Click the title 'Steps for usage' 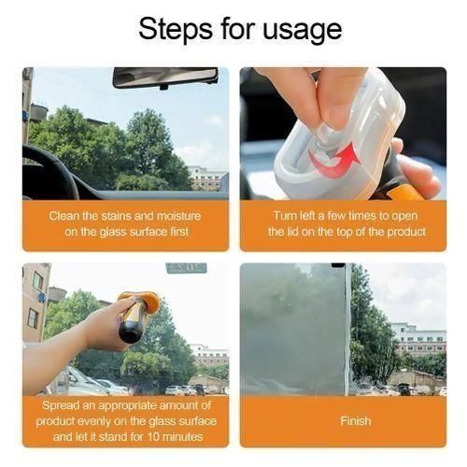240,29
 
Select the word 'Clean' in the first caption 66,216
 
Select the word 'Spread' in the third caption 66,405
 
